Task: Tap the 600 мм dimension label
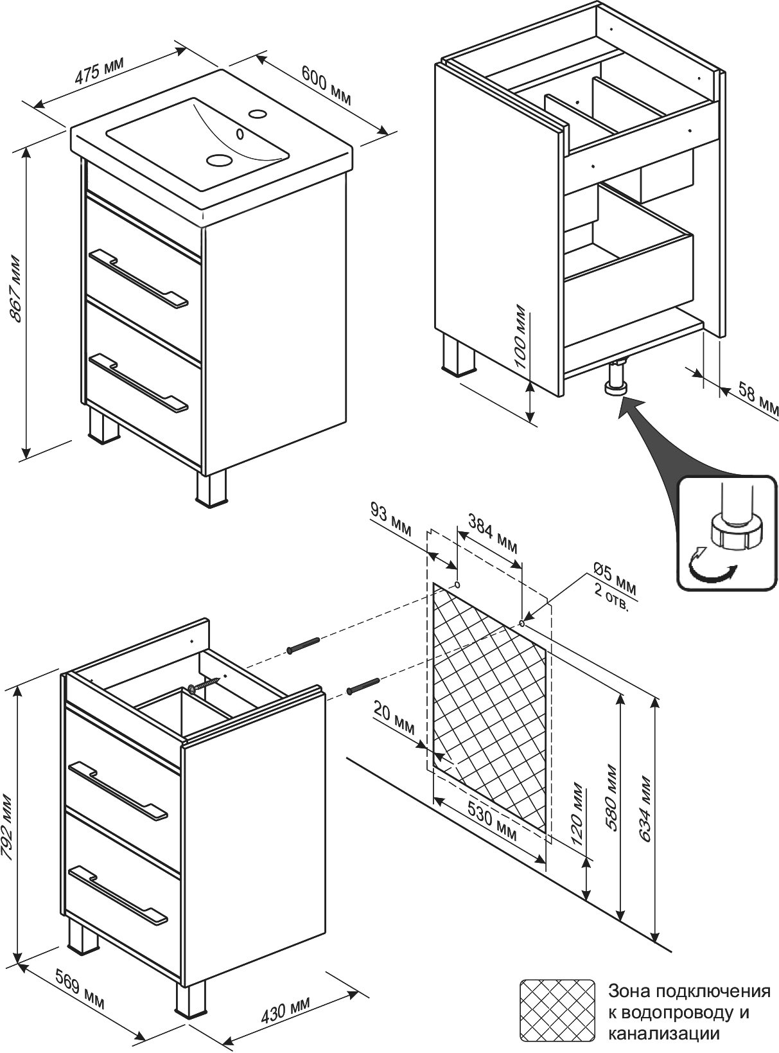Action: click(326, 84)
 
